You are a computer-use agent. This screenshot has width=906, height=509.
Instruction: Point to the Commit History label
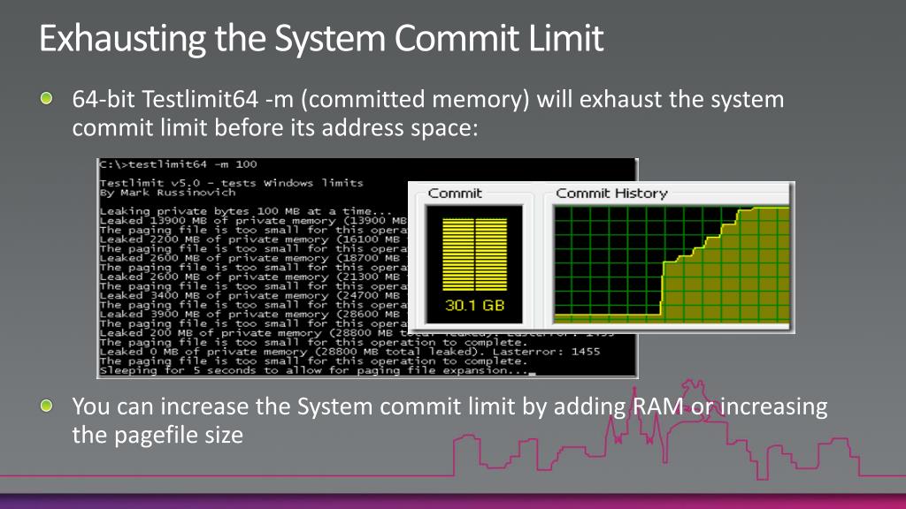point(611,194)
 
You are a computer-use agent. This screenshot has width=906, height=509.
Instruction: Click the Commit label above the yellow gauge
point(455,194)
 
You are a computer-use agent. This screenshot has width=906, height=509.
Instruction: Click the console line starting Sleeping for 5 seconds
point(314,370)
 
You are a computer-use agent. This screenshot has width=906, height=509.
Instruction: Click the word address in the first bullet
point(370,127)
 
